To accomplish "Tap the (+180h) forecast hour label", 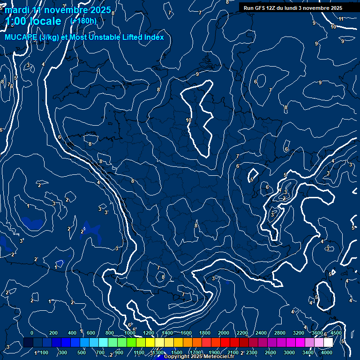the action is pyautogui.click(x=83, y=21).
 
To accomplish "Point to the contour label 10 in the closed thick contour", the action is pyautogui.click(x=188, y=120).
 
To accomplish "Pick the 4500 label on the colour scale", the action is pyautogui.click(x=336, y=333).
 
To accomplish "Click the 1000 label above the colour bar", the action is pyautogui.click(x=130, y=333).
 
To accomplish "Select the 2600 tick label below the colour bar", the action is pyautogui.click(x=270, y=352).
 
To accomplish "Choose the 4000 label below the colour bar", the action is pyautogui.click(x=327, y=352).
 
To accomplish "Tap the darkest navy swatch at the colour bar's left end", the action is pyautogui.click(x=28, y=343).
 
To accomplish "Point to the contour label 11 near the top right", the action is pyautogui.click(x=341, y=19).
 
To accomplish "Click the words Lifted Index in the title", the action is pyautogui.click(x=142, y=37).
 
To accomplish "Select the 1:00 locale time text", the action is pyautogui.click(x=33, y=21).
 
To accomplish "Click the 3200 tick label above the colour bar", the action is pyautogui.click(x=299, y=333).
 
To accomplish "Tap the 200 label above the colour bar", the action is pyautogui.click(x=53, y=333).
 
